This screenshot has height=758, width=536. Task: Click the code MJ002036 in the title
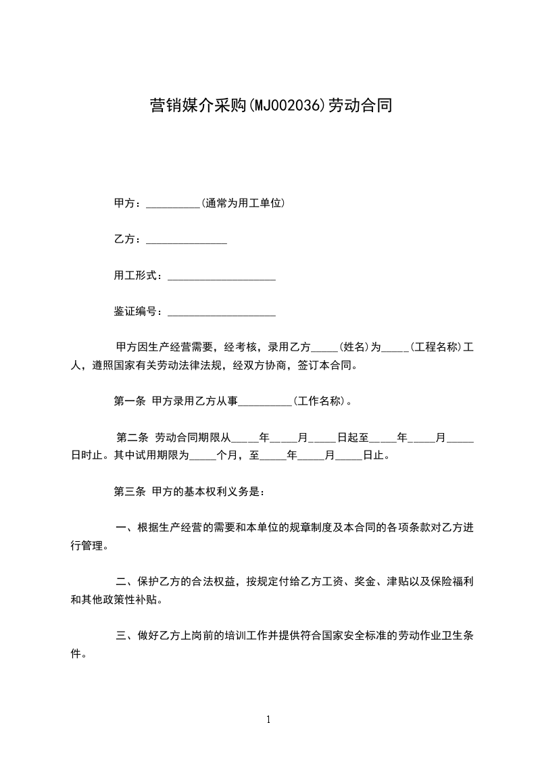coord(287,105)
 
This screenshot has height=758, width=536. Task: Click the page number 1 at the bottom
coord(268,719)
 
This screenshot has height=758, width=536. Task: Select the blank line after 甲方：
coord(172,203)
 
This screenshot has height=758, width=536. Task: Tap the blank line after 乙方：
coord(186,239)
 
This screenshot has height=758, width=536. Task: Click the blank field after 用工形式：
coord(221,276)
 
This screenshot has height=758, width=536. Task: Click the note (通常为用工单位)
coord(242,203)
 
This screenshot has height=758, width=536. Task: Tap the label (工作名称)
coord(320,401)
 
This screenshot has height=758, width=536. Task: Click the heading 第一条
coord(130,401)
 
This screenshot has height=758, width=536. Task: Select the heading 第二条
coord(132,438)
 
